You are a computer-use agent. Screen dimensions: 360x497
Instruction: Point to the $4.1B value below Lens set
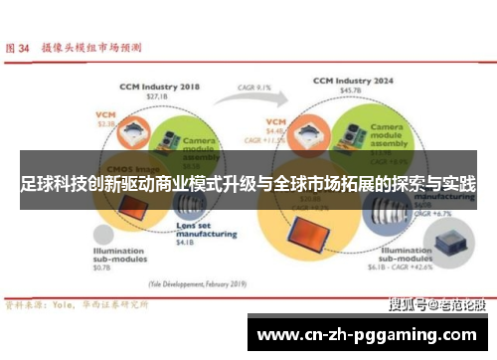pyautogui.click(x=184, y=242)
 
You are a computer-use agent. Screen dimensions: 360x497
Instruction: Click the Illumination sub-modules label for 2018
pyautogui.click(x=118, y=256)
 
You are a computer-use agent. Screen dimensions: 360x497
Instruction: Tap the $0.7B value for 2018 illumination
pyautogui.click(x=103, y=270)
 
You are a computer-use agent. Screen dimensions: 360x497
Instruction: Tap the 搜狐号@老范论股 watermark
pyautogui.click(x=430, y=303)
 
